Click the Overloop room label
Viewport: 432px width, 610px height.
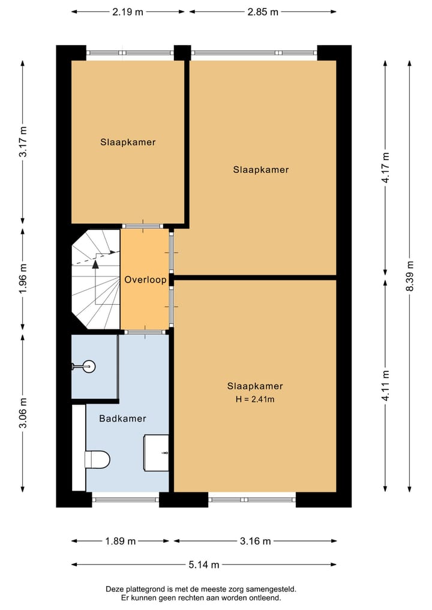(x=145, y=280)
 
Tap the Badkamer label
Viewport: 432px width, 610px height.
(x=122, y=419)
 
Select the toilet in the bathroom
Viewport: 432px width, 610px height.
(x=97, y=459)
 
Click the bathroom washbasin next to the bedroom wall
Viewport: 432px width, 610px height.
(x=157, y=453)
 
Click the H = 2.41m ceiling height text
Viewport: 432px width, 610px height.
(x=255, y=399)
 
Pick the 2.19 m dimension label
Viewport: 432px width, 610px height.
(x=128, y=12)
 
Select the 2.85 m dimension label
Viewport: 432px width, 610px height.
(x=263, y=12)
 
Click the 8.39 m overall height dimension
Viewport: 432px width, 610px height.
(x=410, y=276)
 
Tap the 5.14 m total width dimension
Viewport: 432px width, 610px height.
(x=204, y=564)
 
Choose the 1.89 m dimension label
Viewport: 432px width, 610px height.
(x=120, y=541)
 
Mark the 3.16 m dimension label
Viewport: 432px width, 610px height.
(x=255, y=541)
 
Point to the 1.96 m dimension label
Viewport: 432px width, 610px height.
(x=23, y=278)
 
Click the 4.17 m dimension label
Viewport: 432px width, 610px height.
(x=386, y=167)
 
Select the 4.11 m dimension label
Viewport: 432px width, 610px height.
(x=386, y=386)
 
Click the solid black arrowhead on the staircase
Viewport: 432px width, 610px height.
(x=95, y=265)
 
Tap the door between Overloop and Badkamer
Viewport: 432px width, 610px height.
(x=145, y=332)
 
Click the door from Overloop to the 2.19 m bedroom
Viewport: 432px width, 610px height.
(x=143, y=226)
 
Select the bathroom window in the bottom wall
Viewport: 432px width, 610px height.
(x=126, y=500)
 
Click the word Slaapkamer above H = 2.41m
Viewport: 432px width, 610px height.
(x=255, y=386)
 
